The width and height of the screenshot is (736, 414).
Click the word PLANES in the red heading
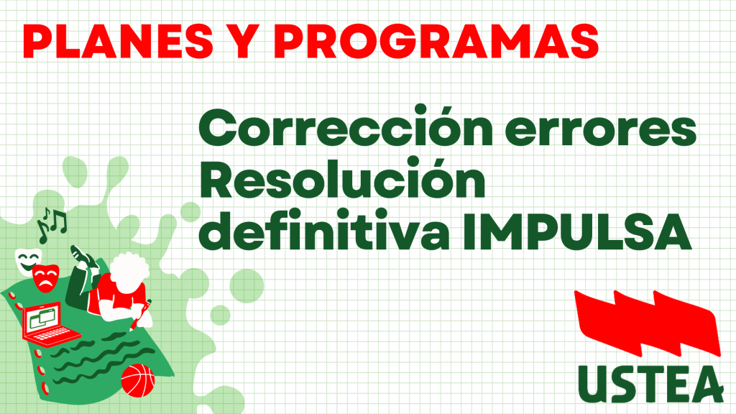pyautogui.click(x=118, y=41)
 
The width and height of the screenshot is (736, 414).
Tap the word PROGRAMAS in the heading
pyautogui.click(x=436, y=41)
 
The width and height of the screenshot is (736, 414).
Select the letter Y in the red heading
pyautogui.click(x=244, y=41)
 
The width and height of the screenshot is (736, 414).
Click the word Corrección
pyautogui.click(x=346, y=125)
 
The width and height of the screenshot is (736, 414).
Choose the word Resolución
pyautogui.click(x=343, y=178)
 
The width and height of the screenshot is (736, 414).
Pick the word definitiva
pyautogui.click(x=326, y=229)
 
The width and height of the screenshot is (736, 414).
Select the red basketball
pyautogui.click(x=137, y=380)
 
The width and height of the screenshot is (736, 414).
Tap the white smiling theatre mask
pyautogui.click(x=27, y=259)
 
